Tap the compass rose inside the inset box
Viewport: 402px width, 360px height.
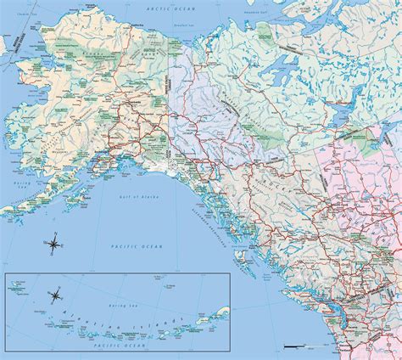(57, 295)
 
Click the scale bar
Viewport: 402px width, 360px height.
(299, 346)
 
